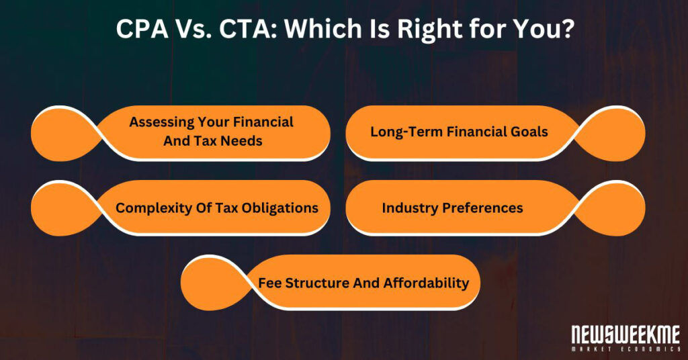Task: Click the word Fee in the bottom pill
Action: (270, 283)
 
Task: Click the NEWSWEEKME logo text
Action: (625, 334)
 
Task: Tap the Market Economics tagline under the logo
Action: (625, 349)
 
